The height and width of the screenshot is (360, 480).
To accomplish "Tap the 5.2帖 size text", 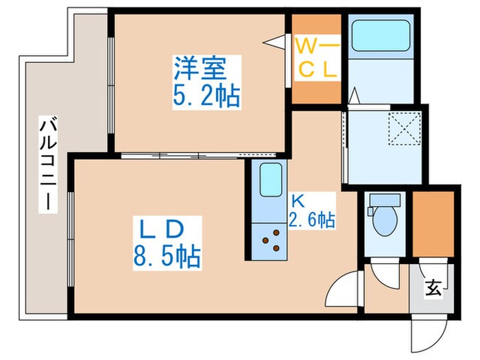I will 205,97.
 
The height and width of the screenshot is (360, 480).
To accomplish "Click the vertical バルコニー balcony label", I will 47,165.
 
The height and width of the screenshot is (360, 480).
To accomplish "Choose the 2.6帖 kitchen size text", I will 313,220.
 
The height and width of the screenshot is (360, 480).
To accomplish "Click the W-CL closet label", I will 317,58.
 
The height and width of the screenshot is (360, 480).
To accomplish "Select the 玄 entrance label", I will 433,289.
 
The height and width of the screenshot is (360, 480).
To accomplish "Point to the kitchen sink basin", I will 271,181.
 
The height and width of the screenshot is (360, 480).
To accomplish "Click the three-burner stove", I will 272,241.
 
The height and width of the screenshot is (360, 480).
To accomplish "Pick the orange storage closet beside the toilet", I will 433,225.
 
